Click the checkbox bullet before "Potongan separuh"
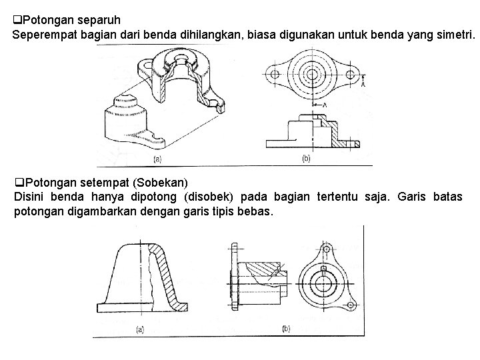[17, 20]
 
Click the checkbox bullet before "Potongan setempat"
[19, 183]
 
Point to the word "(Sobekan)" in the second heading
[160, 183]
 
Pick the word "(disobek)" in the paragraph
[209, 197]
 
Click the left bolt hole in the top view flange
[275, 74]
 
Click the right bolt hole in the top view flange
[350, 74]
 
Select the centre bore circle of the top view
[312, 74]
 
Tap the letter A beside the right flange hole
[363, 84]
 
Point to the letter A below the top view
[325, 105]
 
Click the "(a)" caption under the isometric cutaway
[157, 159]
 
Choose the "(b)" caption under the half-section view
[306, 159]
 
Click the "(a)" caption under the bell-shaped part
[140, 330]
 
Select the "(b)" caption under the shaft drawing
[286, 329]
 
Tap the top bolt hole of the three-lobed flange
[326, 249]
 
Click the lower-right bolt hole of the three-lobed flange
[350, 305]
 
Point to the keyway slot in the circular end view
[323, 269]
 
